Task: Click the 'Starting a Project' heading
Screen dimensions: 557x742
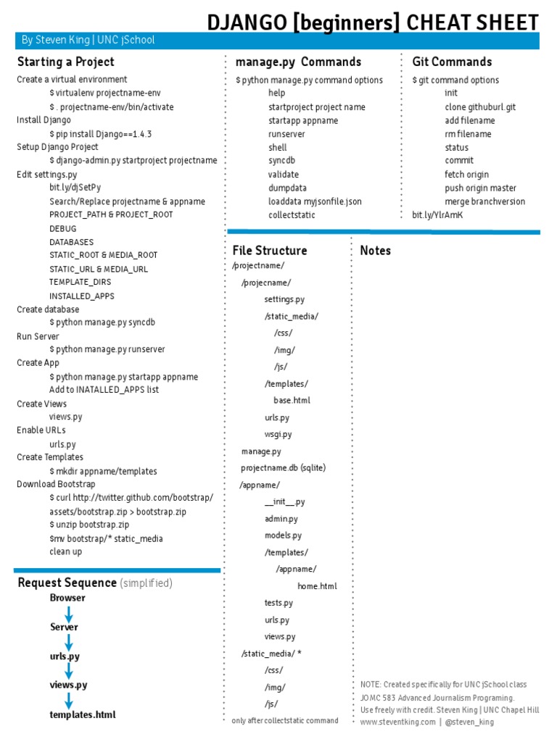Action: click(65, 62)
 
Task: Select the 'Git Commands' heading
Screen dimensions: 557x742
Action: click(452, 62)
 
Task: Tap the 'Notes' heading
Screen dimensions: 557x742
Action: click(375, 251)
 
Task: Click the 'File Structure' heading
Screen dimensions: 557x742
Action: click(270, 251)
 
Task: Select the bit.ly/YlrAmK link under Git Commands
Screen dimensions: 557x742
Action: click(437, 214)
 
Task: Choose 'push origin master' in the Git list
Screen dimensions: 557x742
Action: click(480, 188)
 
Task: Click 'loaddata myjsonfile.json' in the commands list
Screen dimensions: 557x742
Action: click(315, 201)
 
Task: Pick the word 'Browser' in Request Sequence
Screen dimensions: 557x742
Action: click(67, 598)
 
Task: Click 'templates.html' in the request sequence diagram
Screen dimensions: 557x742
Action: click(82, 714)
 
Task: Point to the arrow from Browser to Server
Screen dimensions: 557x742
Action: click(69, 614)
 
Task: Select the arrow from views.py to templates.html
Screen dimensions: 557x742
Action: click(69, 701)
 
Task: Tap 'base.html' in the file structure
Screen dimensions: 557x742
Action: click(292, 400)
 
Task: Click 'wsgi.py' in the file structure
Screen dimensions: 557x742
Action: click(278, 434)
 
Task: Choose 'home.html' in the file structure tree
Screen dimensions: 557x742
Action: click(317, 585)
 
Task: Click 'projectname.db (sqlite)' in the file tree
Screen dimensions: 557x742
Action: click(284, 468)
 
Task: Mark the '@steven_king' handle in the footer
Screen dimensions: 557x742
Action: click(470, 722)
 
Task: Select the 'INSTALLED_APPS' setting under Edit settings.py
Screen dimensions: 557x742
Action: click(82, 296)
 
